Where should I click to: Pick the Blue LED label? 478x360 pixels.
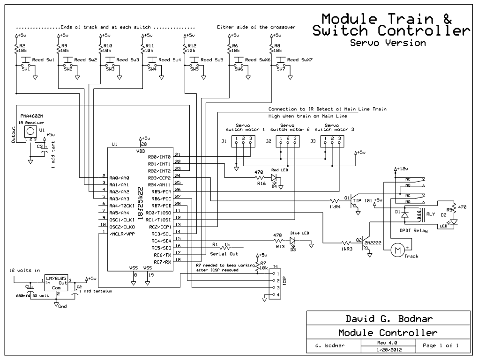click(x=300, y=233)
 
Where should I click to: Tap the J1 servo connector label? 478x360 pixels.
click(x=224, y=140)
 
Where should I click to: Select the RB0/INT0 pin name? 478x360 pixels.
click(x=159, y=157)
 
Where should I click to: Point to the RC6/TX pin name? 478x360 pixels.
click(x=162, y=254)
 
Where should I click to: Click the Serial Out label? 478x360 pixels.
click(x=224, y=254)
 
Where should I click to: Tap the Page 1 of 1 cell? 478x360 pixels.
click(x=440, y=345)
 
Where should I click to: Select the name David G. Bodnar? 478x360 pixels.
click(x=388, y=319)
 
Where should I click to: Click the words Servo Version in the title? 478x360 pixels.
click(x=388, y=43)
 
